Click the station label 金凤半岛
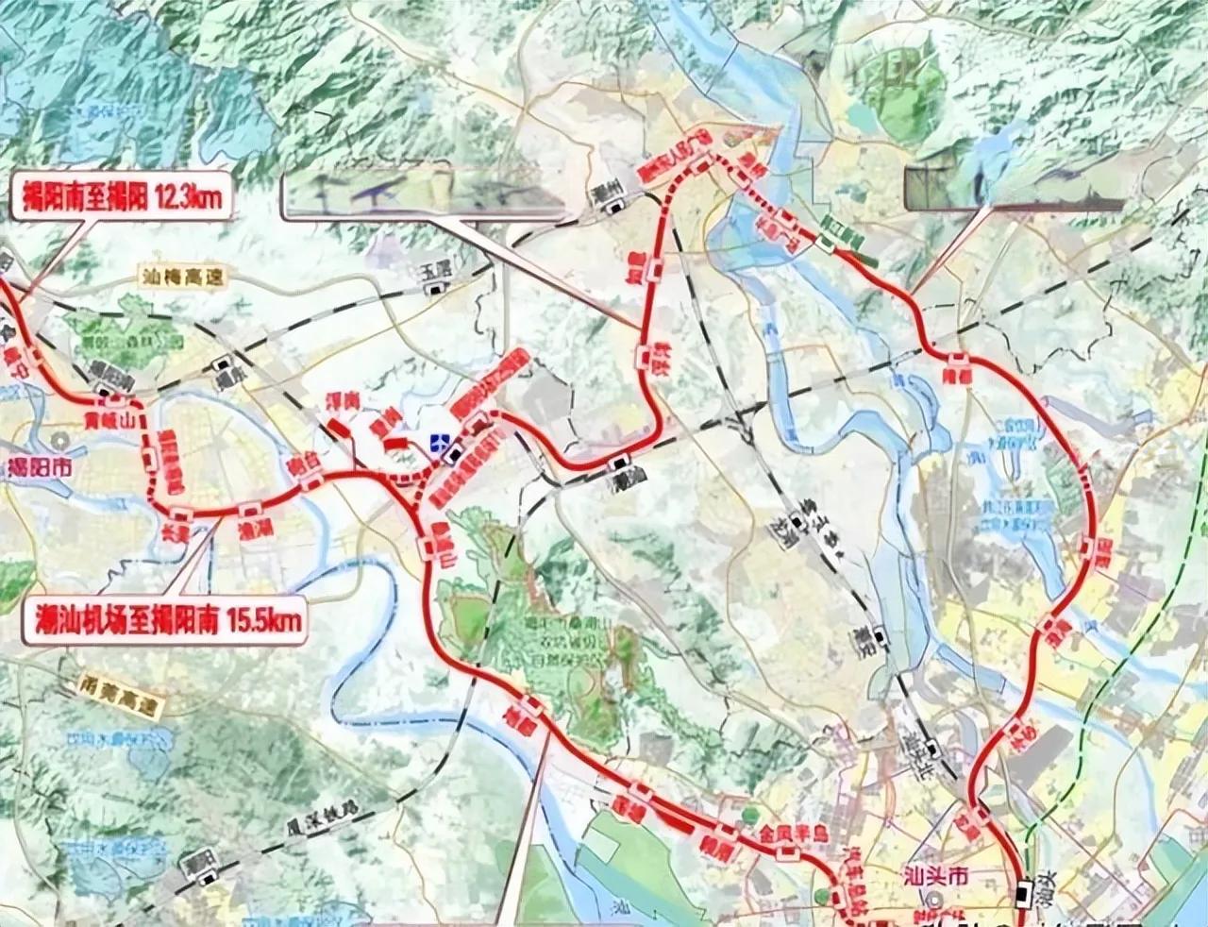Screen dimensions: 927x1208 pyautogui.click(x=794, y=834)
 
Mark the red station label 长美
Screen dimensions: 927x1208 pyautogui.click(x=178, y=531)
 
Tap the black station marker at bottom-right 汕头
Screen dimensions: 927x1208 pyautogui.click(x=1026, y=890)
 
